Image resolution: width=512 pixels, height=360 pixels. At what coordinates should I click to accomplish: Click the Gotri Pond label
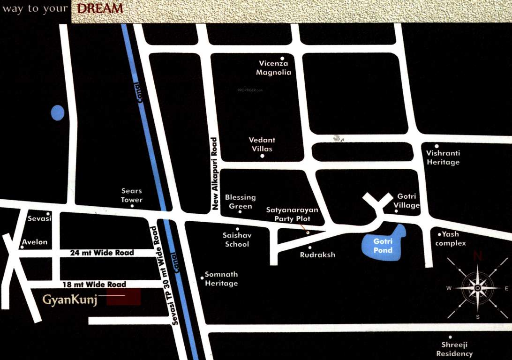click(x=382, y=246)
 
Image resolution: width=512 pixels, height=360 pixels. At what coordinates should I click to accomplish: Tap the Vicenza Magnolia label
click(x=273, y=68)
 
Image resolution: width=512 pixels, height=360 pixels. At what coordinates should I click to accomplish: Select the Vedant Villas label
click(x=262, y=144)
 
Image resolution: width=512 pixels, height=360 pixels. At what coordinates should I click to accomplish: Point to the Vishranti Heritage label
click(x=443, y=157)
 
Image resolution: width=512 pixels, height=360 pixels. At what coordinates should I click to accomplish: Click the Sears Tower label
click(x=131, y=195)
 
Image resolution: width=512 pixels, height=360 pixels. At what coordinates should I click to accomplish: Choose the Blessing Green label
click(x=240, y=202)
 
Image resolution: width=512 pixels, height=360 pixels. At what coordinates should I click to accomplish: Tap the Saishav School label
click(x=237, y=240)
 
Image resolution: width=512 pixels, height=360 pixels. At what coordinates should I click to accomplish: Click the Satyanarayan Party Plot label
click(x=292, y=214)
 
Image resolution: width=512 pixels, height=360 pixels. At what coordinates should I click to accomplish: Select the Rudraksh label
click(x=317, y=255)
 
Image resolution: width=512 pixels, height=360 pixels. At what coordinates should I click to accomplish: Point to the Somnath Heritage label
click(x=221, y=279)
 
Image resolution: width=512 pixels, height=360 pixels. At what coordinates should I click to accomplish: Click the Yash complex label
click(x=450, y=239)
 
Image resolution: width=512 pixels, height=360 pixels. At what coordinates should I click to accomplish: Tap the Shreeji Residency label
click(x=454, y=349)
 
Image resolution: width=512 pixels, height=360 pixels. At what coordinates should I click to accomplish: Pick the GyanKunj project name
click(x=70, y=300)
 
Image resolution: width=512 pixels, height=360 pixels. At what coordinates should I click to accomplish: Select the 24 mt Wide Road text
click(x=102, y=253)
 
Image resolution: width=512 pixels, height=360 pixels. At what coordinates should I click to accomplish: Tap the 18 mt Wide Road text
click(x=94, y=285)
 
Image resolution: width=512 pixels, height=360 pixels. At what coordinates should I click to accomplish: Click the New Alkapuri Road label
click(x=215, y=173)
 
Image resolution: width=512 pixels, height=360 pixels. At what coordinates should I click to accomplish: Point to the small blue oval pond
click(x=57, y=112)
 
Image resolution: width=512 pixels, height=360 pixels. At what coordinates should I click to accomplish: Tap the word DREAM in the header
click(x=99, y=8)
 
